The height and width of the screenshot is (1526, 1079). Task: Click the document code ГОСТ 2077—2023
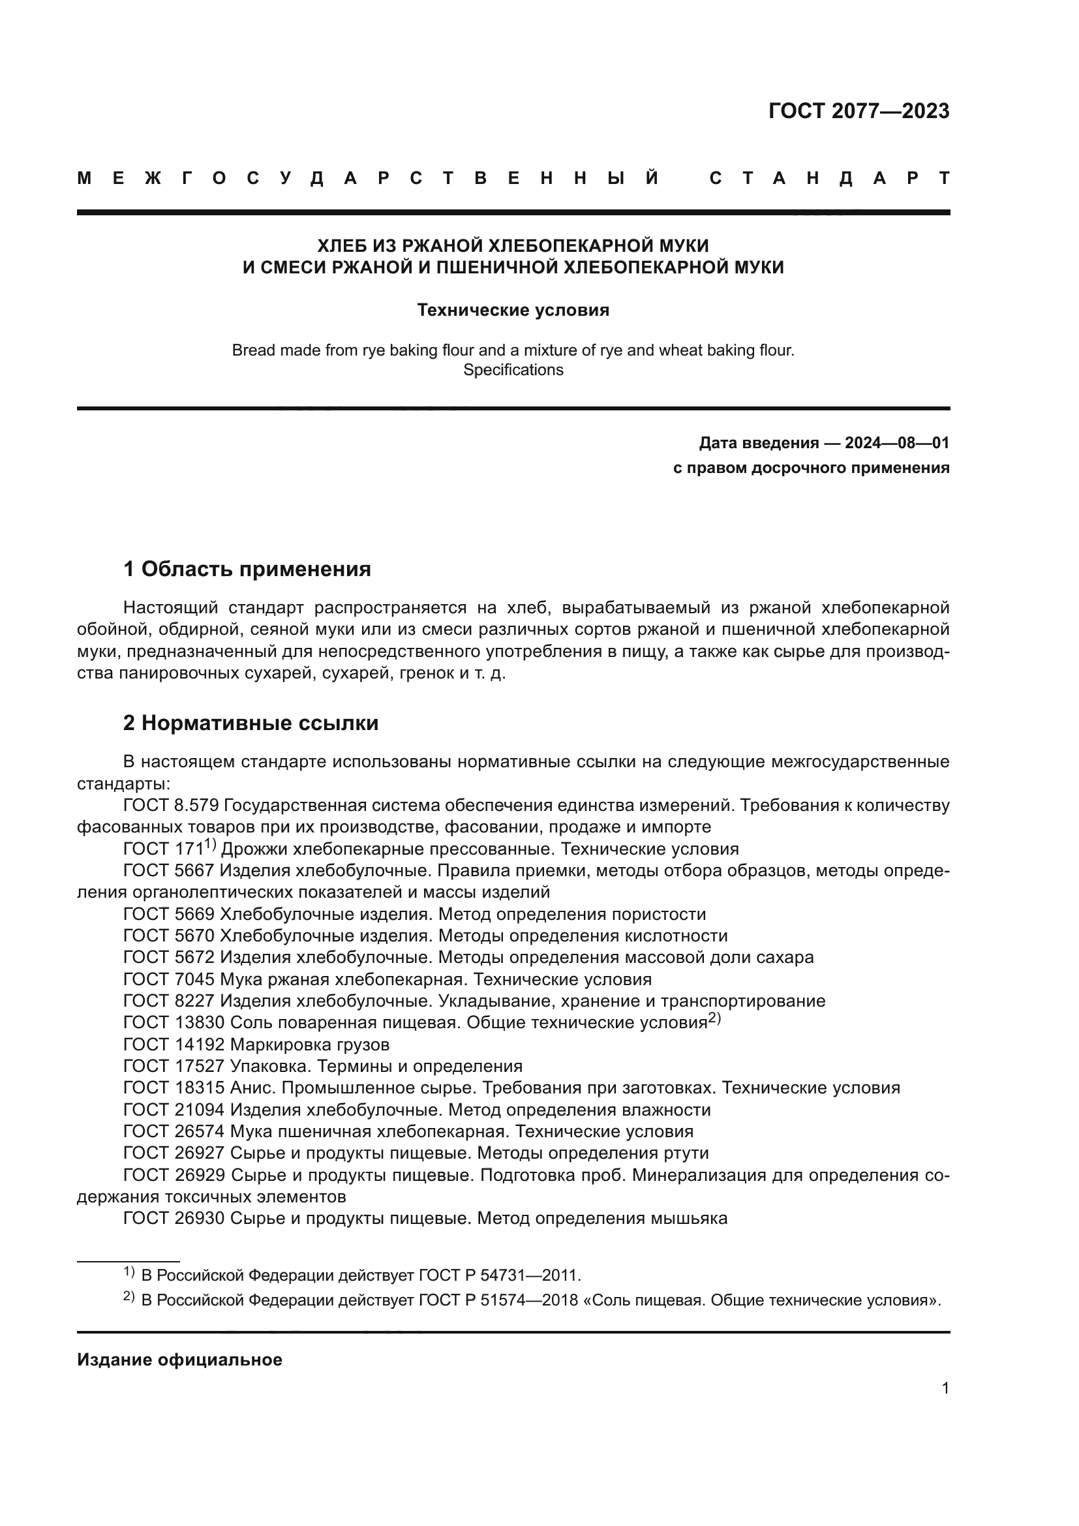coord(859,111)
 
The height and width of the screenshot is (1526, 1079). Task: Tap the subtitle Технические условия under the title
coord(513,311)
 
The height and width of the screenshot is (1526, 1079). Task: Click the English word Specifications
coord(513,370)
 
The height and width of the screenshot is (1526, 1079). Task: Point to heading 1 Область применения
coord(247,569)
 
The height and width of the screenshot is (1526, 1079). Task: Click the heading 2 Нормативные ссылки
coord(251,723)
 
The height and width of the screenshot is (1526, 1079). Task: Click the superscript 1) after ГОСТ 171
coord(210,845)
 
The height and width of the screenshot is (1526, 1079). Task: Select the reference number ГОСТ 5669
coord(169,915)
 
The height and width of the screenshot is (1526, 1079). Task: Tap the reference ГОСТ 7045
coord(169,980)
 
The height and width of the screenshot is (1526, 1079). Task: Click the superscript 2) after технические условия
coord(714,1019)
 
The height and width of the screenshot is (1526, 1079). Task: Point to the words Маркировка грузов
coord(310,1045)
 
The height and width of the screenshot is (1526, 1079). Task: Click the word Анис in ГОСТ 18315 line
coord(251,1088)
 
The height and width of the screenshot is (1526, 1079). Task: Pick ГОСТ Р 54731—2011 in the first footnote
coord(499,1275)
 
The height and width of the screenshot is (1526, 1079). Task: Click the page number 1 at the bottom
coord(945,1388)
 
